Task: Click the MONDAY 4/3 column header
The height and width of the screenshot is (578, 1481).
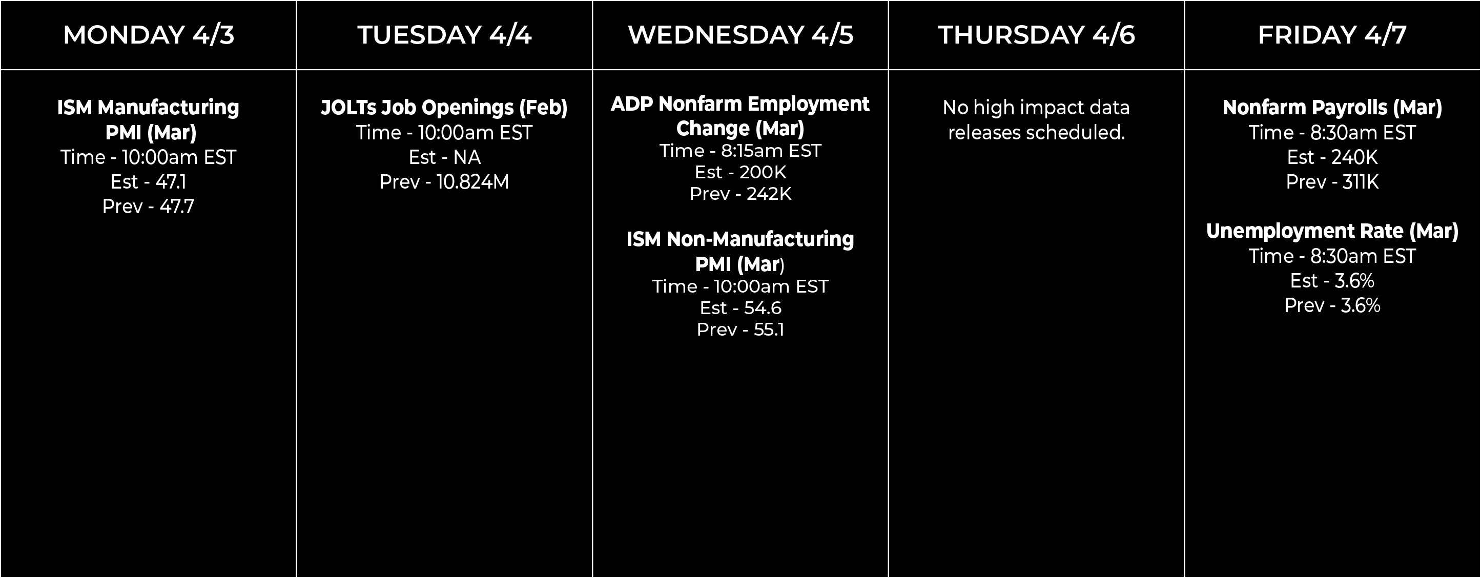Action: [148, 34]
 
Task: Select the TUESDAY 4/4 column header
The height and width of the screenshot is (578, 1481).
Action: [444, 34]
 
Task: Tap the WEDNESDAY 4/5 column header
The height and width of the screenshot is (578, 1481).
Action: [740, 34]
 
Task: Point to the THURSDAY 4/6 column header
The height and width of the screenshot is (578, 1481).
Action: [1037, 34]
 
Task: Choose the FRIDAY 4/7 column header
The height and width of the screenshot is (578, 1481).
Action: [1332, 34]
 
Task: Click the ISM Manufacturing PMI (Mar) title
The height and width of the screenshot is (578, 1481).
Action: [148, 119]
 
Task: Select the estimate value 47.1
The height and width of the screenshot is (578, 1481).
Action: [171, 182]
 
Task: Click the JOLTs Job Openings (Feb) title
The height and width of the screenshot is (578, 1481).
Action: [444, 108]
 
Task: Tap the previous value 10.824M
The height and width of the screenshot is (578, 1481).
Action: [472, 182]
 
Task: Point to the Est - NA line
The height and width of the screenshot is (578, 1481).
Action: [444, 157]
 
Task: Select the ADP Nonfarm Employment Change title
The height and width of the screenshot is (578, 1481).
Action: [740, 116]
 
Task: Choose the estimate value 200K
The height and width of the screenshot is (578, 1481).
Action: [763, 172]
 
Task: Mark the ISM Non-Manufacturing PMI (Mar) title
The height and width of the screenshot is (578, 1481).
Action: [740, 251]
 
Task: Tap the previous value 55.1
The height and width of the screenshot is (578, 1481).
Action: [769, 329]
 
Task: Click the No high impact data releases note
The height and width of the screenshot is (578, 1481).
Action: [1037, 119]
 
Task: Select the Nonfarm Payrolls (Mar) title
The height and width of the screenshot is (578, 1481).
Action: [1332, 108]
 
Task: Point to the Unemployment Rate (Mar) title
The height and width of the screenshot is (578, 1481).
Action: [1332, 231]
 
